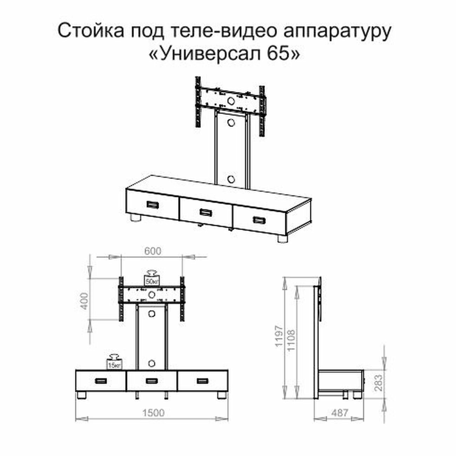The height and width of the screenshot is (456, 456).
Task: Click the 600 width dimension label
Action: click(153, 251)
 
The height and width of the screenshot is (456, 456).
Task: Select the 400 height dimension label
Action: click(85, 301)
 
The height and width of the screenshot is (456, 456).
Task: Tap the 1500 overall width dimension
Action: click(153, 413)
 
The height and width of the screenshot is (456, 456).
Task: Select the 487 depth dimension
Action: click(340, 413)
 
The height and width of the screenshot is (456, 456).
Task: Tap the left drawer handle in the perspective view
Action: click(153, 204)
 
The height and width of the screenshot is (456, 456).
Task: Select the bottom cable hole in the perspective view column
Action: click(231, 179)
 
